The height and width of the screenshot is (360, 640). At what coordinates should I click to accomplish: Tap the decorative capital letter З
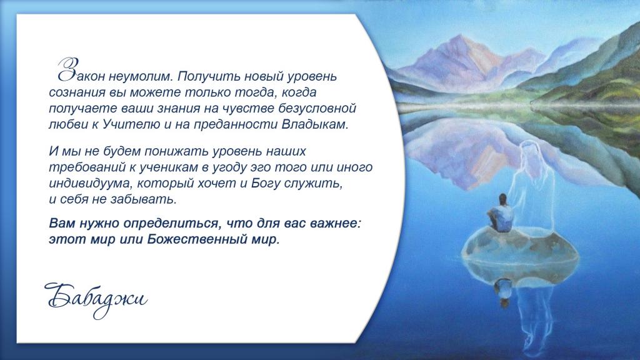67,69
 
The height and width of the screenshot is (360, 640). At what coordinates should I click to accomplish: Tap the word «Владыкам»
314,124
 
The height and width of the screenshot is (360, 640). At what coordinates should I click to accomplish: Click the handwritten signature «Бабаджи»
96,299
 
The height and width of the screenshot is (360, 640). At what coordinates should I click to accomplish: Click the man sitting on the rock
501,214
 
